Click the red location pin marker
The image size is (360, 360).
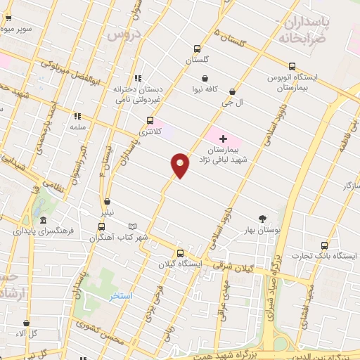(x=180, y=165)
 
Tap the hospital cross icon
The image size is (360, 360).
(x=224, y=139)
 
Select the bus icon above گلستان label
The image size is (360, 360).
(x=198, y=50)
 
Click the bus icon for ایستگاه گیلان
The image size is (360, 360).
(x=181, y=253)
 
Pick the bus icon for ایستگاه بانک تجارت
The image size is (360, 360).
(x=324, y=245)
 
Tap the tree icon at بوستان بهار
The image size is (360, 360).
(x=262, y=219)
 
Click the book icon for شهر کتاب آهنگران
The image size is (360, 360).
(x=134, y=226)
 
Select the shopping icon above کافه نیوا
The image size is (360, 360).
(x=205, y=79)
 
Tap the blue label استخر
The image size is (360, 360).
(x=120, y=297)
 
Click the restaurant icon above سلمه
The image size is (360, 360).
(x=77, y=117)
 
